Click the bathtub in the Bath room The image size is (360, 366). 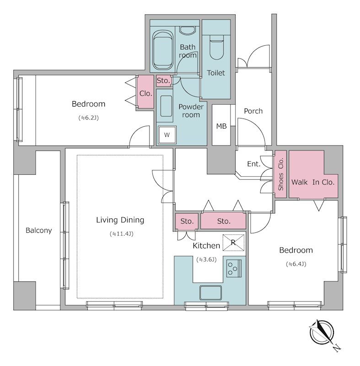(163, 50)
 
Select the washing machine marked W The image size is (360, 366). (167, 135)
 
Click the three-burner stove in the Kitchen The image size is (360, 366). (234, 268)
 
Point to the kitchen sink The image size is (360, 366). (210, 293)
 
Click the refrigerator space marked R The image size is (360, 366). (233, 243)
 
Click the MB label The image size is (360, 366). (221, 126)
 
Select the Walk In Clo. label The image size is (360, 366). (313, 182)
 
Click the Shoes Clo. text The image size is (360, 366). (281, 174)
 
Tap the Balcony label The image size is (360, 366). (39, 231)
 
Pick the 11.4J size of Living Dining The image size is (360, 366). (121, 234)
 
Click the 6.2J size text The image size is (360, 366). (88, 118)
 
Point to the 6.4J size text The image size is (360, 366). (296, 264)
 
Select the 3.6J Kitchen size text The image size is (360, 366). (206, 259)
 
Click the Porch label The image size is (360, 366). (253, 111)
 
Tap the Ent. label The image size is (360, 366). (253, 164)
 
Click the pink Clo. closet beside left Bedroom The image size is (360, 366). (145, 92)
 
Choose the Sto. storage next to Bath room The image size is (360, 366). (163, 81)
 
